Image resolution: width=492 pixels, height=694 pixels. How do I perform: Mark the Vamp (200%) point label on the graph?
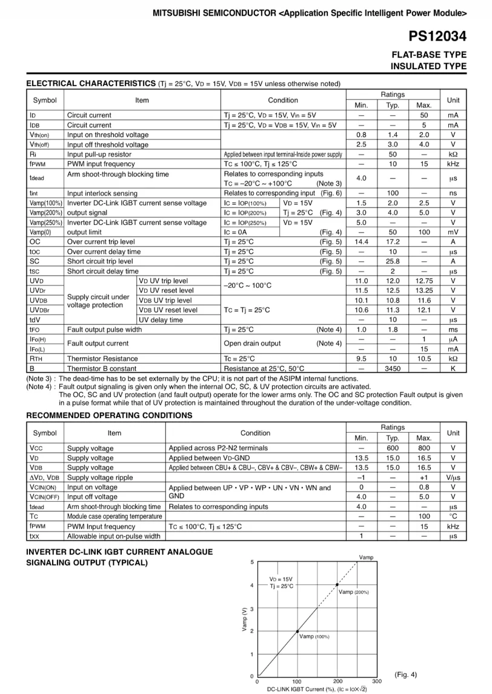point(354,592)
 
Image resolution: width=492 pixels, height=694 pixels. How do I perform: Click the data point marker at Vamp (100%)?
point(298,631)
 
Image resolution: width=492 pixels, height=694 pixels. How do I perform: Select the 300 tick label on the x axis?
point(377,681)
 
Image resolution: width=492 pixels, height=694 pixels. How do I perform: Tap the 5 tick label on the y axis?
point(252,563)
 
